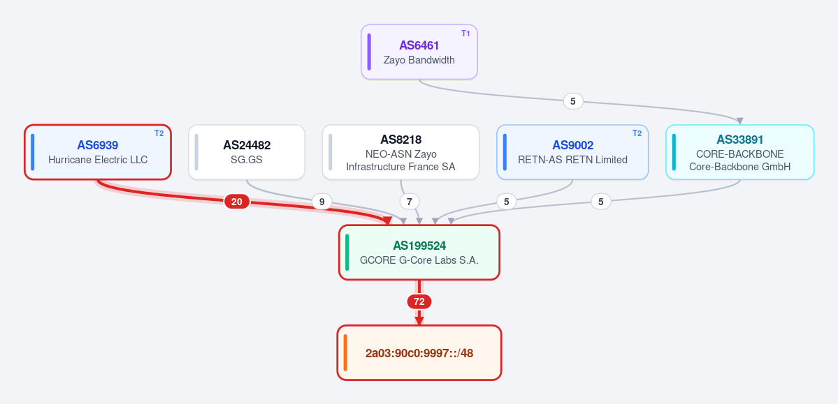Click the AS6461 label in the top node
click(419, 45)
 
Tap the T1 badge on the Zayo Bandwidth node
click(465, 33)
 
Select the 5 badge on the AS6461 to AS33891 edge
click(573, 101)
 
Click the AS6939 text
click(97, 145)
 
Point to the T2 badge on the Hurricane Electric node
click(159, 133)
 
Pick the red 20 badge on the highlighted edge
click(237, 202)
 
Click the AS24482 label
click(247, 145)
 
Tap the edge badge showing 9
click(322, 202)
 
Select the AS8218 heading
click(401, 140)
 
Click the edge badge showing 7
click(410, 202)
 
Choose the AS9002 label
click(573, 145)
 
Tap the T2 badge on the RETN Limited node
click(637, 133)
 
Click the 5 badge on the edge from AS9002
click(506, 202)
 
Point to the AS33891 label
click(739, 140)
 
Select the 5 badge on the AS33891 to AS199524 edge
click(600, 202)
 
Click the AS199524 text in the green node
click(419, 246)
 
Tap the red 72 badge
click(419, 302)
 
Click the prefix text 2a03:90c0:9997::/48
click(419, 353)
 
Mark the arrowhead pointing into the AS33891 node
click(739, 121)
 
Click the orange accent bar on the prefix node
click(346, 353)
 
